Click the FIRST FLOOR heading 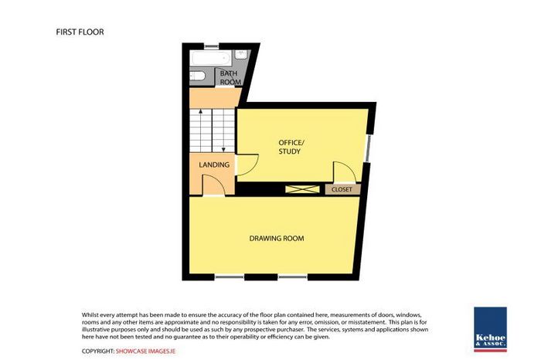pyautogui.click(x=80, y=32)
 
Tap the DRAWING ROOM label pyautogui.click(x=277, y=238)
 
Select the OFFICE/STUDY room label pyautogui.click(x=291, y=147)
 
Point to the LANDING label pyautogui.click(x=214, y=165)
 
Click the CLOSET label pyautogui.click(x=342, y=189)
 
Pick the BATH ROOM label pyautogui.click(x=230, y=77)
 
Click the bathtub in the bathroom pyautogui.click(x=210, y=59)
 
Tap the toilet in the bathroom pyautogui.click(x=198, y=76)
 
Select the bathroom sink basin pyautogui.click(x=241, y=55)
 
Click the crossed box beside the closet pyautogui.click(x=302, y=189)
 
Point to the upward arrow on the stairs pyautogui.click(x=200, y=131)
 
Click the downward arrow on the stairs pyautogui.click(x=223, y=131)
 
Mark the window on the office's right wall pyautogui.click(x=369, y=148)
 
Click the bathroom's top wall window pyautogui.click(x=211, y=46)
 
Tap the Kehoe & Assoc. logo pyautogui.click(x=490, y=329)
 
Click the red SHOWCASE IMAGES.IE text pyautogui.click(x=145, y=352)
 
